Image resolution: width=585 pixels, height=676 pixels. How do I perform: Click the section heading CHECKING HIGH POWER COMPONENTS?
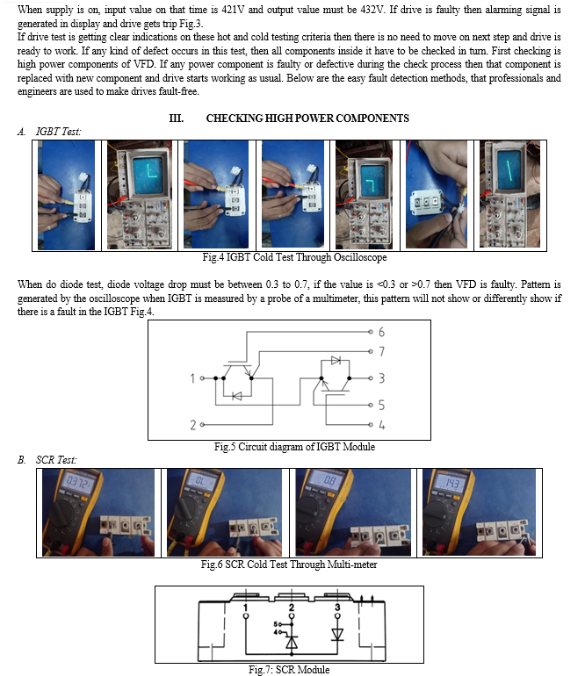pos(307,119)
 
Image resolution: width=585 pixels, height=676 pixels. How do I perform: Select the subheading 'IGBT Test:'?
pos(58,131)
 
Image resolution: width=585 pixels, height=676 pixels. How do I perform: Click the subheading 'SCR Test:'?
pos(58,459)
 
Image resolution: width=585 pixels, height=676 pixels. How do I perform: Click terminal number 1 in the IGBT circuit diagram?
pos(191,379)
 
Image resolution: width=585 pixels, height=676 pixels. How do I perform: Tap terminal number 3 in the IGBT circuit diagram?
pos(381,379)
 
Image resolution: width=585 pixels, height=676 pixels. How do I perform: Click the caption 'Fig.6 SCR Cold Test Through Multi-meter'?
pos(289,565)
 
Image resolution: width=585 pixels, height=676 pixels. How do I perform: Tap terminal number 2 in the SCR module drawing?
pos(292,607)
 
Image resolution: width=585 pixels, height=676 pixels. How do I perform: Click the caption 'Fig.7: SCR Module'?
pos(289,670)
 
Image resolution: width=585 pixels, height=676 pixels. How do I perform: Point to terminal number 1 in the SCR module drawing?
pos(245,607)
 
